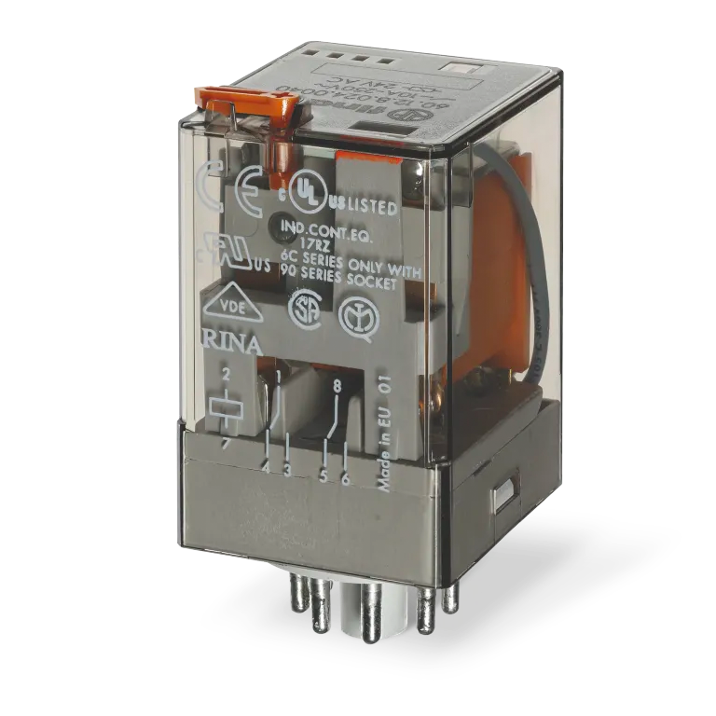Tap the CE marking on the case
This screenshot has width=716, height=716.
coord(244,179)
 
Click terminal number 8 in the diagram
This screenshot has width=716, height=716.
coord(335,383)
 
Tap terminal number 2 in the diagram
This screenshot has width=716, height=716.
coord(225,377)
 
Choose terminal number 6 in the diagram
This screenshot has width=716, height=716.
coord(346,478)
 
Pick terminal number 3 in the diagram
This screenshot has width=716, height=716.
coord(287,471)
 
